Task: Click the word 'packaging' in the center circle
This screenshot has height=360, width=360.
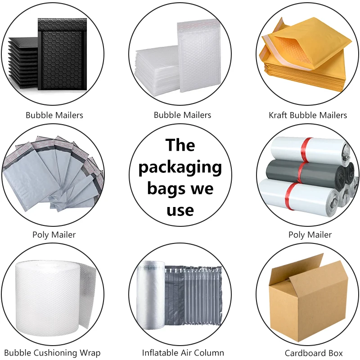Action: pyautogui.click(x=180, y=167)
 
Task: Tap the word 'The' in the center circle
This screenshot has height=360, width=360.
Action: pyautogui.click(x=180, y=145)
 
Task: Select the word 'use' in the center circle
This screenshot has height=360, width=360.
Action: pyautogui.click(x=180, y=210)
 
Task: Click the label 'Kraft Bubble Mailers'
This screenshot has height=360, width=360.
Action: pyautogui.click(x=308, y=115)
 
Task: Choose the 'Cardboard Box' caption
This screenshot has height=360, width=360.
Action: pyautogui.click(x=314, y=353)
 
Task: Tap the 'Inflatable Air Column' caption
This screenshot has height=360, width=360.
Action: pyautogui.click(x=183, y=353)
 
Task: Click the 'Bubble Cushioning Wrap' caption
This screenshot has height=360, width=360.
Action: pyautogui.click(x=52, y=353)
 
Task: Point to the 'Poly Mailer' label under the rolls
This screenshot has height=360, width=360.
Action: pyautogui.click(x=310, y=234)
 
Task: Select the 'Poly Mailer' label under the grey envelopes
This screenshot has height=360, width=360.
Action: pyautogui.click(x=54, y=234)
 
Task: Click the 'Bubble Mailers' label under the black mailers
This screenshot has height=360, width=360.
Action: pyautogui.click(x=54, y=115)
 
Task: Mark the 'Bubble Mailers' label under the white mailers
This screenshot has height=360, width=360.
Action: pyautogui.click(x=182, y=115)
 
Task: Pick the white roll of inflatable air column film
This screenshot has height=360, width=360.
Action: pyautogui.click(x=151, y=297)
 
